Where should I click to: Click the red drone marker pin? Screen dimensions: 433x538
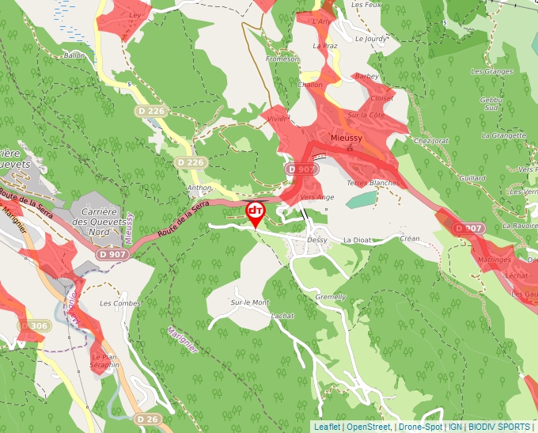tap(256, 213)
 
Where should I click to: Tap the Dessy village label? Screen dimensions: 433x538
tap(316, 239)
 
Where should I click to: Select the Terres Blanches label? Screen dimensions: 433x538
tap(373, 182)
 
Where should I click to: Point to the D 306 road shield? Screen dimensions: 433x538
tap(34, 325)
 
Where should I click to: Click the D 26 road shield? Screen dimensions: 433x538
tap(146, 418)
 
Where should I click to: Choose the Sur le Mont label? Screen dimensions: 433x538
tap(250, 302)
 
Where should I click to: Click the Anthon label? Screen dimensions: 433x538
tap(199, 188)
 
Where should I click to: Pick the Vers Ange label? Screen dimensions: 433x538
tap(318, 197)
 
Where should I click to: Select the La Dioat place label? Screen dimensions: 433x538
tap(357, 239)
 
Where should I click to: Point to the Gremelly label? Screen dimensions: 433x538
tap(331, 297)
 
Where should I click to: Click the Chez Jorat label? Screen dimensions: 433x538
tap(431, 141)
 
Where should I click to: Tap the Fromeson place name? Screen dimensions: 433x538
tap(282, 59)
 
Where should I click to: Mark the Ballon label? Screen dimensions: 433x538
tap(74, 55)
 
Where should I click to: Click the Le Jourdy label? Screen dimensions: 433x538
tap(371, 38)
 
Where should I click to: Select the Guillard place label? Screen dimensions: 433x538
tap(472, 178)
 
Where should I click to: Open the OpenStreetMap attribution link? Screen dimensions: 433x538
tap(369, 427)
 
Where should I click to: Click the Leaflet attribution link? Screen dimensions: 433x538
tap(327, 427)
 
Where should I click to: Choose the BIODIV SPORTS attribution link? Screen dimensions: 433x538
tap(501, 427)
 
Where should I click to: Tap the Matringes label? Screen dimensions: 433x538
tap(494, 259)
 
